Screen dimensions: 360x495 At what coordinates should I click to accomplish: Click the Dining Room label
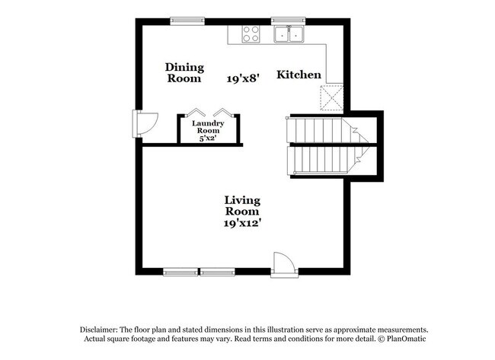(184, 72)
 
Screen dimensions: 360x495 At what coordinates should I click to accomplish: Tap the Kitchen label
(299, 75)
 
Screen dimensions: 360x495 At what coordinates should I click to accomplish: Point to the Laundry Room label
(207, 126)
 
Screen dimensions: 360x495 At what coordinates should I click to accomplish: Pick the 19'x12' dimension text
(242, 224)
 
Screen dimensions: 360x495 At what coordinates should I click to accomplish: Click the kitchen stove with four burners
(251, 33)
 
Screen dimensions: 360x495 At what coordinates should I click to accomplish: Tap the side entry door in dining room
(143, 122)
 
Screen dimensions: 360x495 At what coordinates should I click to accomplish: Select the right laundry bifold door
(222, 110)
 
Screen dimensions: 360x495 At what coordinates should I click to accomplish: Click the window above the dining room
(187, 21)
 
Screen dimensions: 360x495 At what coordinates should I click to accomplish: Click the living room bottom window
(200, 271)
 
